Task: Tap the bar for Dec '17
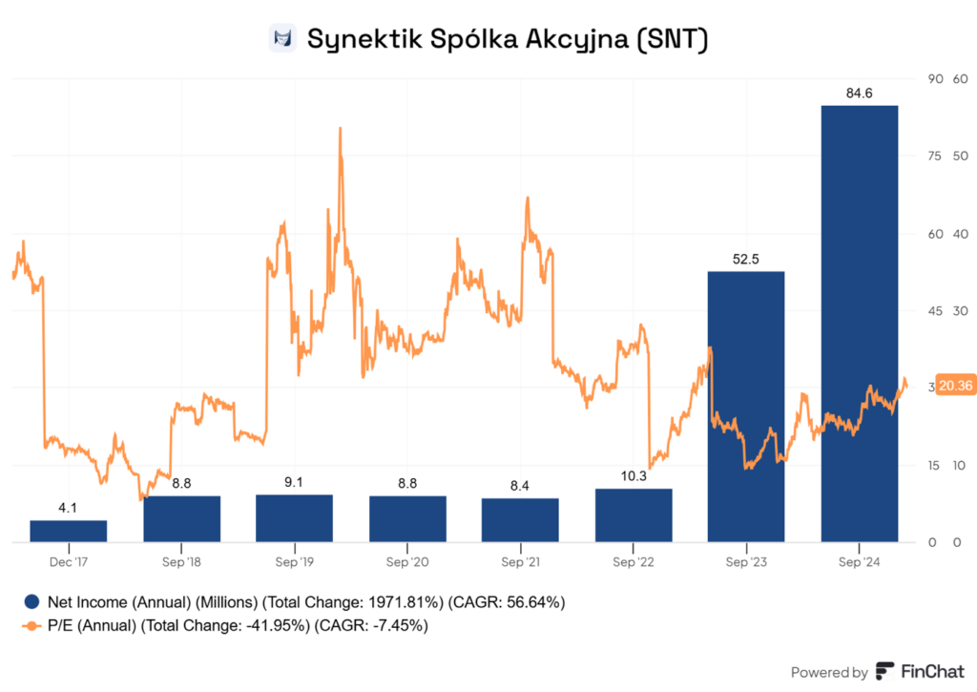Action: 68,531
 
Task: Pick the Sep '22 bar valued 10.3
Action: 634,515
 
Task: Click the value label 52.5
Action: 745,259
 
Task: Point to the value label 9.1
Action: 294,482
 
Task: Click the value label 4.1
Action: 68,508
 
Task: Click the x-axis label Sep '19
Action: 294,562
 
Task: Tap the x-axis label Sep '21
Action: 520,562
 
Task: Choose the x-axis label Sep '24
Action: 859,562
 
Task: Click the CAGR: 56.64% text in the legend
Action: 511,601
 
